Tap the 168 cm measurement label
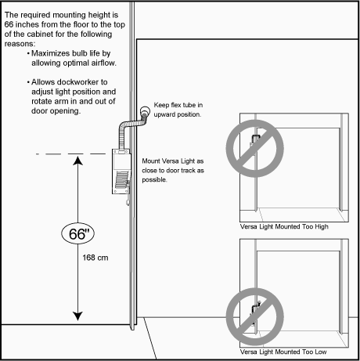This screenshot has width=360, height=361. click(x=95, y=258)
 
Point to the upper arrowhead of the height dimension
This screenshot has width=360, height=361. click(x=77, y=161)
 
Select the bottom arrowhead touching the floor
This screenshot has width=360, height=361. click(x=77, y=316)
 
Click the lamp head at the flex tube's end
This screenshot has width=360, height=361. click(x=145, y=111)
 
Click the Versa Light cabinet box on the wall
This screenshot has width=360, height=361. click(x=121, y=171)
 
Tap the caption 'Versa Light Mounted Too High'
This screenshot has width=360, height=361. click(x=284, y=226)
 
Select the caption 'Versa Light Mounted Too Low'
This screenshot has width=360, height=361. click(x=283, y=352)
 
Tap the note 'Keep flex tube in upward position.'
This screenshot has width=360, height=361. click(x=178, y=110)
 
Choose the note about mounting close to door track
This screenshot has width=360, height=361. click(x=173, y=170)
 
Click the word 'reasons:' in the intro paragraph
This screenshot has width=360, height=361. click(x=20, y=44)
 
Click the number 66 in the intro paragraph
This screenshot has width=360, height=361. click(x=9, y=24)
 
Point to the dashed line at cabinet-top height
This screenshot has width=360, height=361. click(x=70, y=154)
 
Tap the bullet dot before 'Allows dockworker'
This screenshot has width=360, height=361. click(x=28, y=82)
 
